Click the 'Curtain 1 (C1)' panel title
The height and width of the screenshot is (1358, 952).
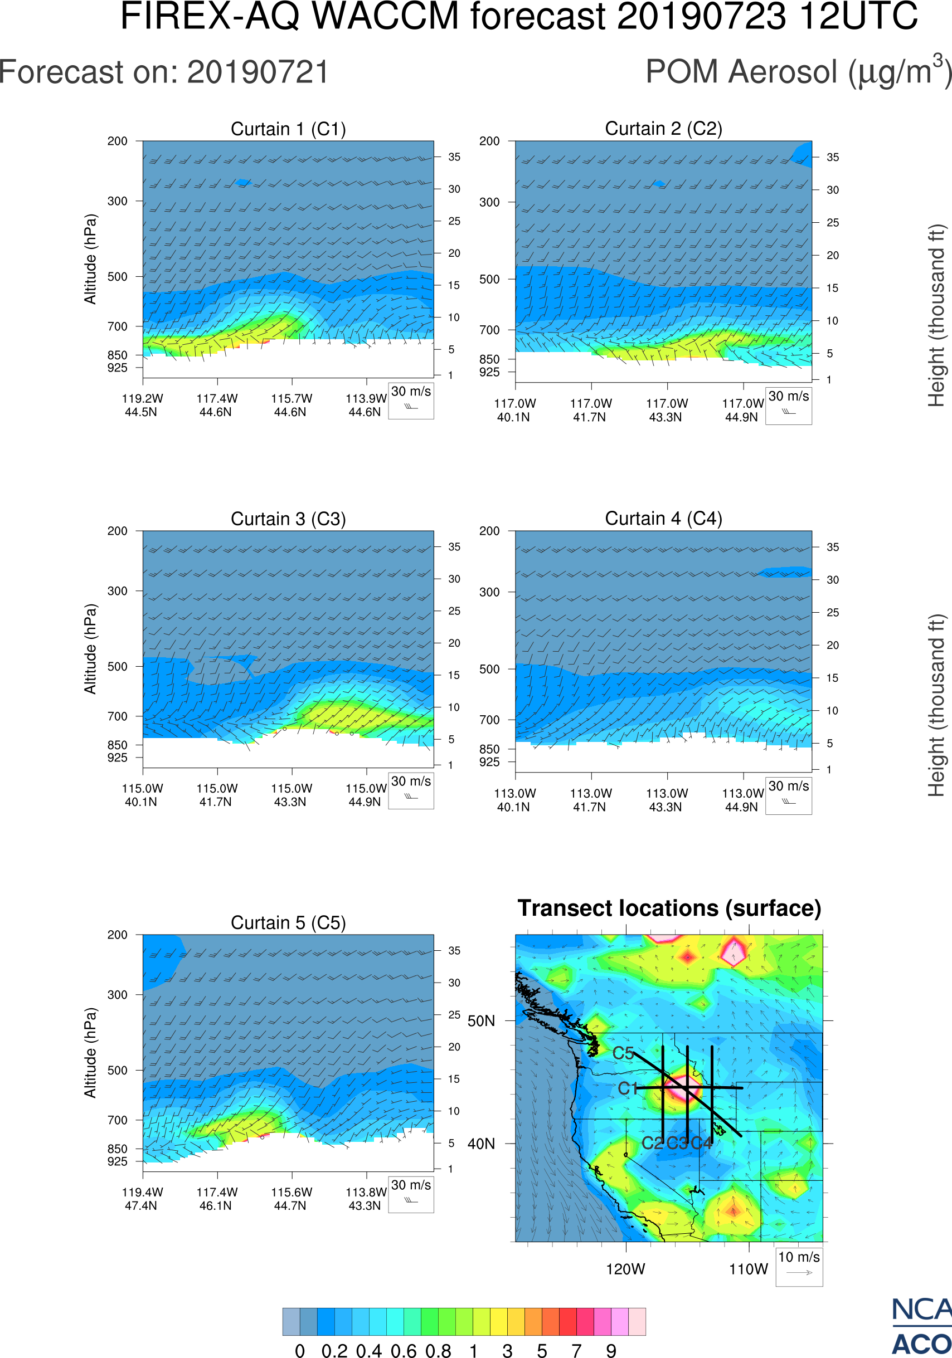(288, 129)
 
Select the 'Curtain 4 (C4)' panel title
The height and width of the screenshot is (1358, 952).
(663, 519)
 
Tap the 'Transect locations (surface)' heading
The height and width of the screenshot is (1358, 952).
(669, 908)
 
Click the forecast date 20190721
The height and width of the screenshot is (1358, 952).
(258, 72)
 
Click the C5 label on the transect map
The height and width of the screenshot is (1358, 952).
(623, 1053)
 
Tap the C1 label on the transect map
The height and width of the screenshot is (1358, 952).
(628, 1088)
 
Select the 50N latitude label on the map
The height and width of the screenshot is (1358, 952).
(481, 1021)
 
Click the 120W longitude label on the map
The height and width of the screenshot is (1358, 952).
(625, 1269)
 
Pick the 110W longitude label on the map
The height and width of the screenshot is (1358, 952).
(749, 1269)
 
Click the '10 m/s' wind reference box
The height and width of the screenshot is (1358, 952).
(799, 1266)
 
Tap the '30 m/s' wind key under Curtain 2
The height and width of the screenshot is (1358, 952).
(788, 405)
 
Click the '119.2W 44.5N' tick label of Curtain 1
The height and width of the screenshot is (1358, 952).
(142, 405)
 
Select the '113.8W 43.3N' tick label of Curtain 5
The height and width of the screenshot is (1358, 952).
(366, 1199)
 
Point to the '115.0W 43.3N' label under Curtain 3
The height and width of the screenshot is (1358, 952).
(291, 795)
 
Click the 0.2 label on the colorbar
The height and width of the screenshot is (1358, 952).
(334, 1350)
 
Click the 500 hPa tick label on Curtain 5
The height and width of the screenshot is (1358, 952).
(117, 1070)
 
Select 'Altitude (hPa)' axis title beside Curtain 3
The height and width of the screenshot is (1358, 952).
(90, 649)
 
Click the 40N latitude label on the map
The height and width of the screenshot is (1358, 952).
(481, 1144)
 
